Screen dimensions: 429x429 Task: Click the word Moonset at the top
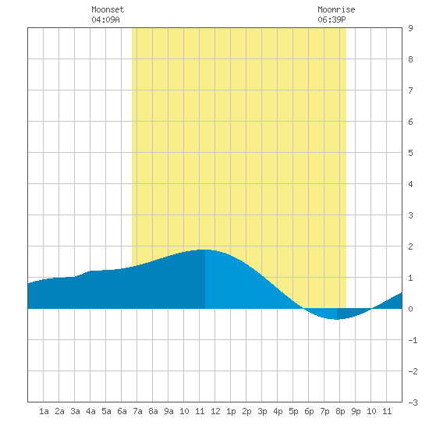tap(108, 9)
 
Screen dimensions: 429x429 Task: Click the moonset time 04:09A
tap(105, 19)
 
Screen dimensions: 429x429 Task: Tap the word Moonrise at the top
tap(336, 9)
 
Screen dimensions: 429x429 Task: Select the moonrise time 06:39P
tap(331, 19)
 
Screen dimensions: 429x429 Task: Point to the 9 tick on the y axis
tap(410, 28)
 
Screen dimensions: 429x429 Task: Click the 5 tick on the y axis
tap(410, 153)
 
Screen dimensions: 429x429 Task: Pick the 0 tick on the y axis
tap(410, 309)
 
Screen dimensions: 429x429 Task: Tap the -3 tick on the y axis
tap(413, 402)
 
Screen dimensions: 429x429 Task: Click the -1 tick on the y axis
tap(413, 340)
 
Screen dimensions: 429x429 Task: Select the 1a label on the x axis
tap(44, 411)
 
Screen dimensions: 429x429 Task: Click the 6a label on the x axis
tap(122, 411)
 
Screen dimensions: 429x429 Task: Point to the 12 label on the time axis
tap(215, 411)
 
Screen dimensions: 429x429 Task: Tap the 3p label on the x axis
tap(262, 411)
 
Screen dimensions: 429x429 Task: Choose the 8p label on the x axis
tap(340, 411)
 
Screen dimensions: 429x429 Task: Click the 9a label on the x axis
tap(168, 411)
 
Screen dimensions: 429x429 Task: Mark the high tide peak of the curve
tap(204, 250)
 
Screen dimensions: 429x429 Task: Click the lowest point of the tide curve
tap(337, 319)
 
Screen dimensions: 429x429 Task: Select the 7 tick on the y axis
tap(410, 90)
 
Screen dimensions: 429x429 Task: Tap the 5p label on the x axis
tap(293, 411)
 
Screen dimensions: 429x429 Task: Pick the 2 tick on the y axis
tap(410, 246)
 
